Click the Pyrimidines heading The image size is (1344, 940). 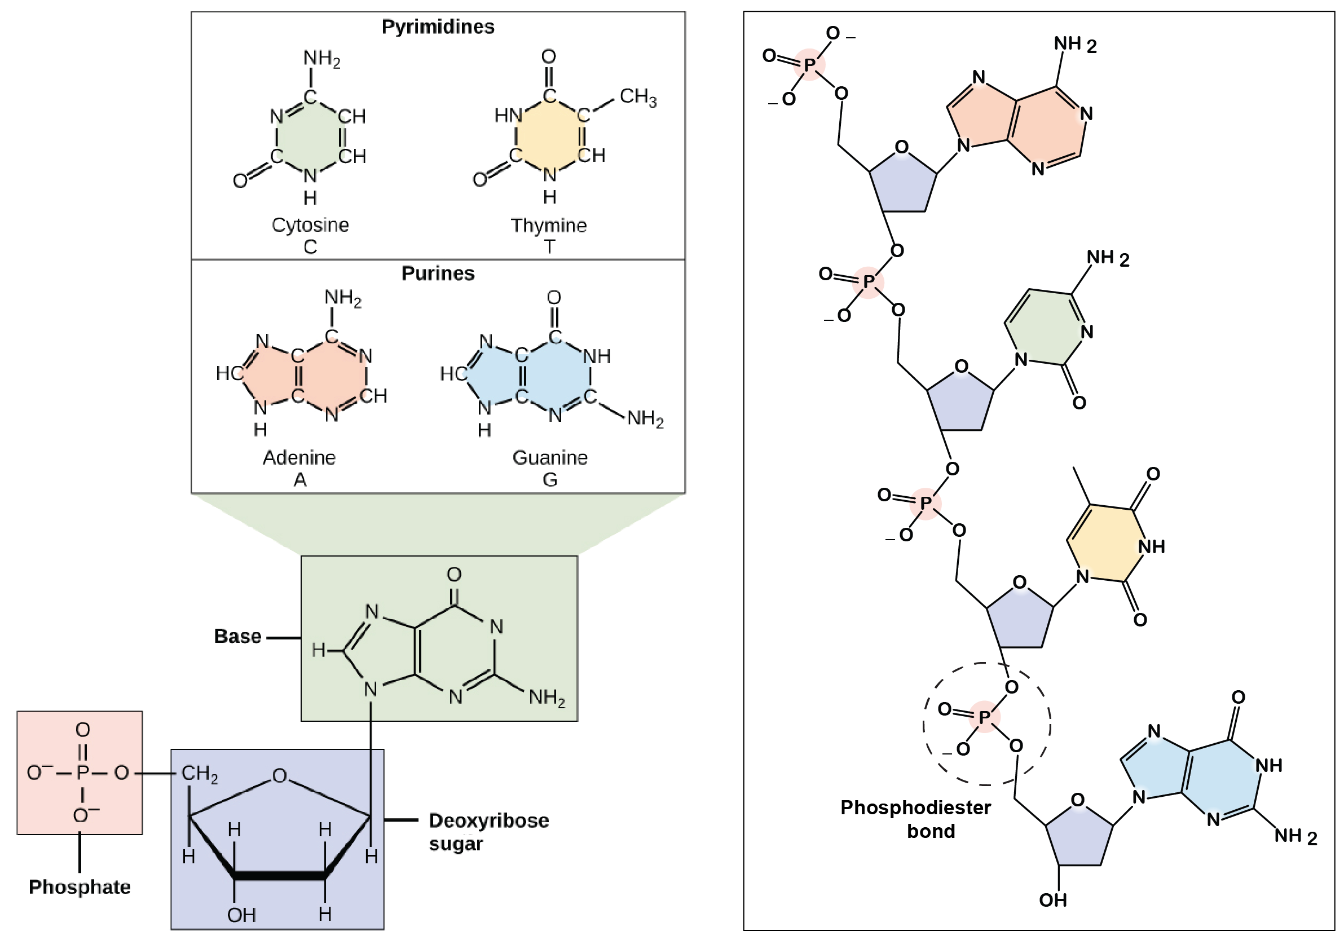[x=437, y=27]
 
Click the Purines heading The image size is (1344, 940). [x=437, y=273]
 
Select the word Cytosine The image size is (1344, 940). [x=310, y=226]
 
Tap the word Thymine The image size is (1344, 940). [x=549, y=226]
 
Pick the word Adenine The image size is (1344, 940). [x=299, y=457]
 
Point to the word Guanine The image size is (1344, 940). [x=550, y=457]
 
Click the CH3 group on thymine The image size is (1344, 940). [x=637, y=96]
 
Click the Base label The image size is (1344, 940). [x=237, y=636]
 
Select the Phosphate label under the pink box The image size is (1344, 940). [x=80, y=887]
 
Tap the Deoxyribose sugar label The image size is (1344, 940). [x=488, y=832]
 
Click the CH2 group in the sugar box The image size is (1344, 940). [x=199, y=774]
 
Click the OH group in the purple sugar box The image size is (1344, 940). [x=241, y=915]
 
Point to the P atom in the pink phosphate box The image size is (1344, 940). [x=82, y=773]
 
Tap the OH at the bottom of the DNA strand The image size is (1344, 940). [x=1052, y=900]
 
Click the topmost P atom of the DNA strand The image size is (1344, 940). [x=809, y=65]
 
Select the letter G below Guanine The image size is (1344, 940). [x=550, y=480]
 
